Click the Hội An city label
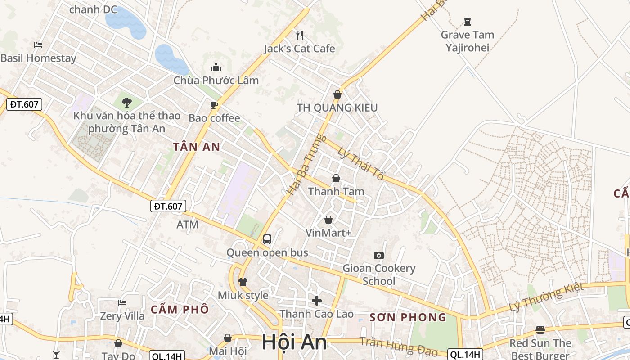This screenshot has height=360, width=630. pyautogui.click(x=294, y=342)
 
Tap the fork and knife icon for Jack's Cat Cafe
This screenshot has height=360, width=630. pyautogui.click(x=300, y=35)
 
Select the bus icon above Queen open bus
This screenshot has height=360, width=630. pyautogui.click(x=267, y=239)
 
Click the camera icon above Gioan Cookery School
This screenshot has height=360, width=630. pyautogui.click(x=379, y=255)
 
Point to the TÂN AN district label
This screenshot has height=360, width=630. pyautogui.click(x=197, y=147)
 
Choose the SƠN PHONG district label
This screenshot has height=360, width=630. pyautogui.click(x=408, y=317)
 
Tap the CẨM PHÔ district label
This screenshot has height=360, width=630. pyautogui.click(x=180, y=309)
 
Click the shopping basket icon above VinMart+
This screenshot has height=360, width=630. pyautogui.click(x=328, y=220)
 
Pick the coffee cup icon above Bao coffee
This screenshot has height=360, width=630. pyautogui.click(x=214, y=105)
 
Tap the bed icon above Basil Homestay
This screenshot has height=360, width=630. pyautogui.click(x=38, y=45)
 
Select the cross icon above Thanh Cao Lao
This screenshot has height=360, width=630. pyautogui.click(x=317, y=300)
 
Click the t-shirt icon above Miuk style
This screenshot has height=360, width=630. pyautogui.click(x=243, y=282)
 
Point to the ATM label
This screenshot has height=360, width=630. pyautogui.click(x=188, y=225)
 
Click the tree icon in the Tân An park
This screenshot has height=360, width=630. pyautogui.click(x=127, y=102)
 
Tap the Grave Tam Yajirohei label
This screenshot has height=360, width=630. pyautogui.click(x=467, y=41)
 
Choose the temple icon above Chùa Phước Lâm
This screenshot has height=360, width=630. pyautogui.click(x=216, y=67)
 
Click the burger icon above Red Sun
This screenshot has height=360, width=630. pyautogui.click(x=540, y=330)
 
